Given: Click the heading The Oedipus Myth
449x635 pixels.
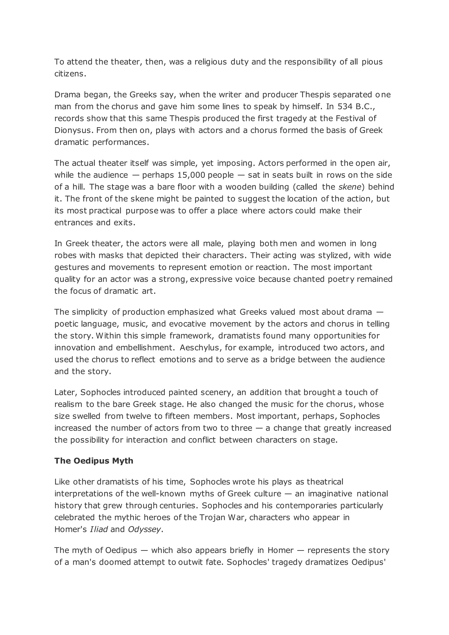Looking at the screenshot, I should pos(94,461).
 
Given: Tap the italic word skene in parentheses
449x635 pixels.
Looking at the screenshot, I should pos(350,187).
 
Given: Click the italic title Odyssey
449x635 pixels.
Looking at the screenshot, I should pos(144,529).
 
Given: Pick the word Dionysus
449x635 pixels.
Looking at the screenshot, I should pos(73,130).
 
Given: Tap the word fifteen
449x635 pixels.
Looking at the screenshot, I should pos(177,416).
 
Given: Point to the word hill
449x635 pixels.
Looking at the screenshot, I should pos(79,187).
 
